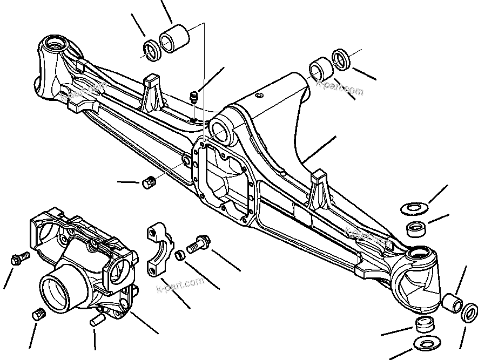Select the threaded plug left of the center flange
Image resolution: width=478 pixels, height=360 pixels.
149,183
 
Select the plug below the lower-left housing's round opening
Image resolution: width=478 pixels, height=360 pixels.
38,316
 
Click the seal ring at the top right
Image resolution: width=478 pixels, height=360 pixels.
341,59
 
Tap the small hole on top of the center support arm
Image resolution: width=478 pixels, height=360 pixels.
259,96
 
